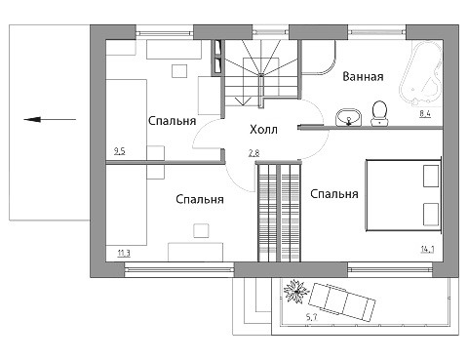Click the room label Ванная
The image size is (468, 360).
tap(363, 77)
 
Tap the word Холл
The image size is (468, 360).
tap(263, 130)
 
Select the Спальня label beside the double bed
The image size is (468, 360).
tap(334, 194)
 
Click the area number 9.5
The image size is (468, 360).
tap(120, 151)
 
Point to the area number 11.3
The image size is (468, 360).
tap(124, 253)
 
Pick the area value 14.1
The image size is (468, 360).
tap(428, 250)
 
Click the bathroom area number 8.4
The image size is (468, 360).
tap(425, 114)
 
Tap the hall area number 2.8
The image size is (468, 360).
tap(253, 153)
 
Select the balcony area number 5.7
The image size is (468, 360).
tap(312, 317)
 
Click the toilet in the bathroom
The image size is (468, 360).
tap(379, 113)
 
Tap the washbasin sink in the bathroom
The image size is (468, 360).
tap(348, 117)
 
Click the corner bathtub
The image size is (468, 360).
tap(421, 74)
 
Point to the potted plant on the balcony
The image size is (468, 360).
tap(295, 292)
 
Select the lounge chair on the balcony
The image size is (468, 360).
tap(341, 302)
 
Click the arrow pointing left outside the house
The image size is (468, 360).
tap(50, 119)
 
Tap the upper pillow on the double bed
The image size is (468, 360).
tap(431, 176)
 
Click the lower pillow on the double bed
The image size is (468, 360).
tap(431, 215)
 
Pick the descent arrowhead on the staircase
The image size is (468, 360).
tap(241, 101)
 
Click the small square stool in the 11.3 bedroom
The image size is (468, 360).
tap(201, 231)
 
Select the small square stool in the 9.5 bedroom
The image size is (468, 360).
tap(179, 71)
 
